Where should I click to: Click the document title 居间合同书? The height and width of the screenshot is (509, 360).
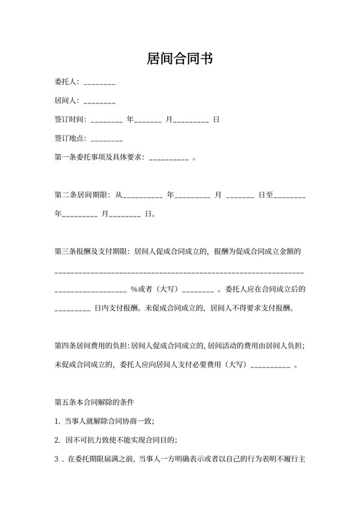point(179,59)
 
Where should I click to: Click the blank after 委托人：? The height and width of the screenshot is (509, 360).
point(99,83)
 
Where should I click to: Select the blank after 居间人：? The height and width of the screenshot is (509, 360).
point(99,102)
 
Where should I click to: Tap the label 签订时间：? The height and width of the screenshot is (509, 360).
point(71,120)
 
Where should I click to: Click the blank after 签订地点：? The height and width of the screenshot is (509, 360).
point(107,139)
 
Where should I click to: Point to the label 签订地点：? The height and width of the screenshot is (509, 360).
point(71,139)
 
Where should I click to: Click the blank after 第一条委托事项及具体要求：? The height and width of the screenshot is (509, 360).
point(168,157)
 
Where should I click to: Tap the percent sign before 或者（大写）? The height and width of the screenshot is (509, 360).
point(134,289)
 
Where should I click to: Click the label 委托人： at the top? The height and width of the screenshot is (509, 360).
point(67,83)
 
